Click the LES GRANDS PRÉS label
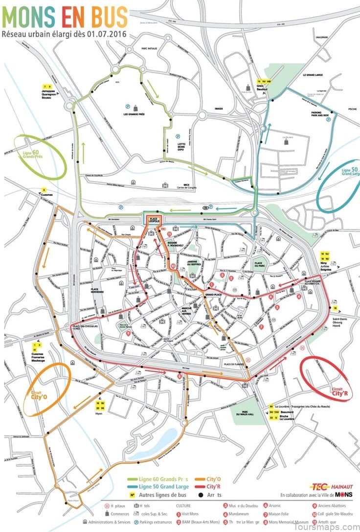coord(135,115)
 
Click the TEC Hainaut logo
coord(325,486)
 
